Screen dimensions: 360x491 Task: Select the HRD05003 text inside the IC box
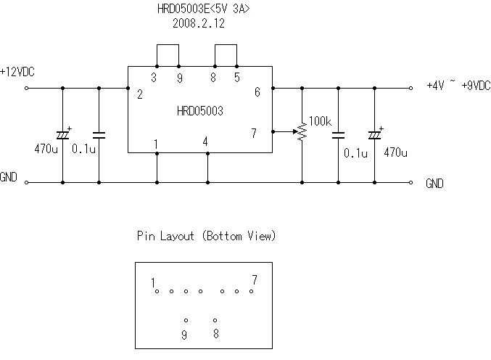(199, 112)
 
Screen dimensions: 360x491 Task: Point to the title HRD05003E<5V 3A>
(198, 9)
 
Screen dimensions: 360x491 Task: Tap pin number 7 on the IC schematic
(253, 133)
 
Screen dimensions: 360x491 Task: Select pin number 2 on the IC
(139, 93)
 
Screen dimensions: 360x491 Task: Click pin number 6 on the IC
(256, 92)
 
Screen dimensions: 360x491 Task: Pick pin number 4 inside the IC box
(206, 142)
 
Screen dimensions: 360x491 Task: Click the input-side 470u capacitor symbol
(62, 135)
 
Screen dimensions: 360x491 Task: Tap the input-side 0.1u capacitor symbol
(99, 135)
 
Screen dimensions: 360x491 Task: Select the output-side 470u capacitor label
(396, 153)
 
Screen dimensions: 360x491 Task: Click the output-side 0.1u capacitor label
(355, 153)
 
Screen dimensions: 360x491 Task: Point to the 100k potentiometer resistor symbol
(301, 132)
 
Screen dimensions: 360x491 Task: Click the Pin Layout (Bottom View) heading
(206, 236)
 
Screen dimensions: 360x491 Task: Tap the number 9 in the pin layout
(184, 335)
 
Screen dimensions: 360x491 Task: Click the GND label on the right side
(434, 184)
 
